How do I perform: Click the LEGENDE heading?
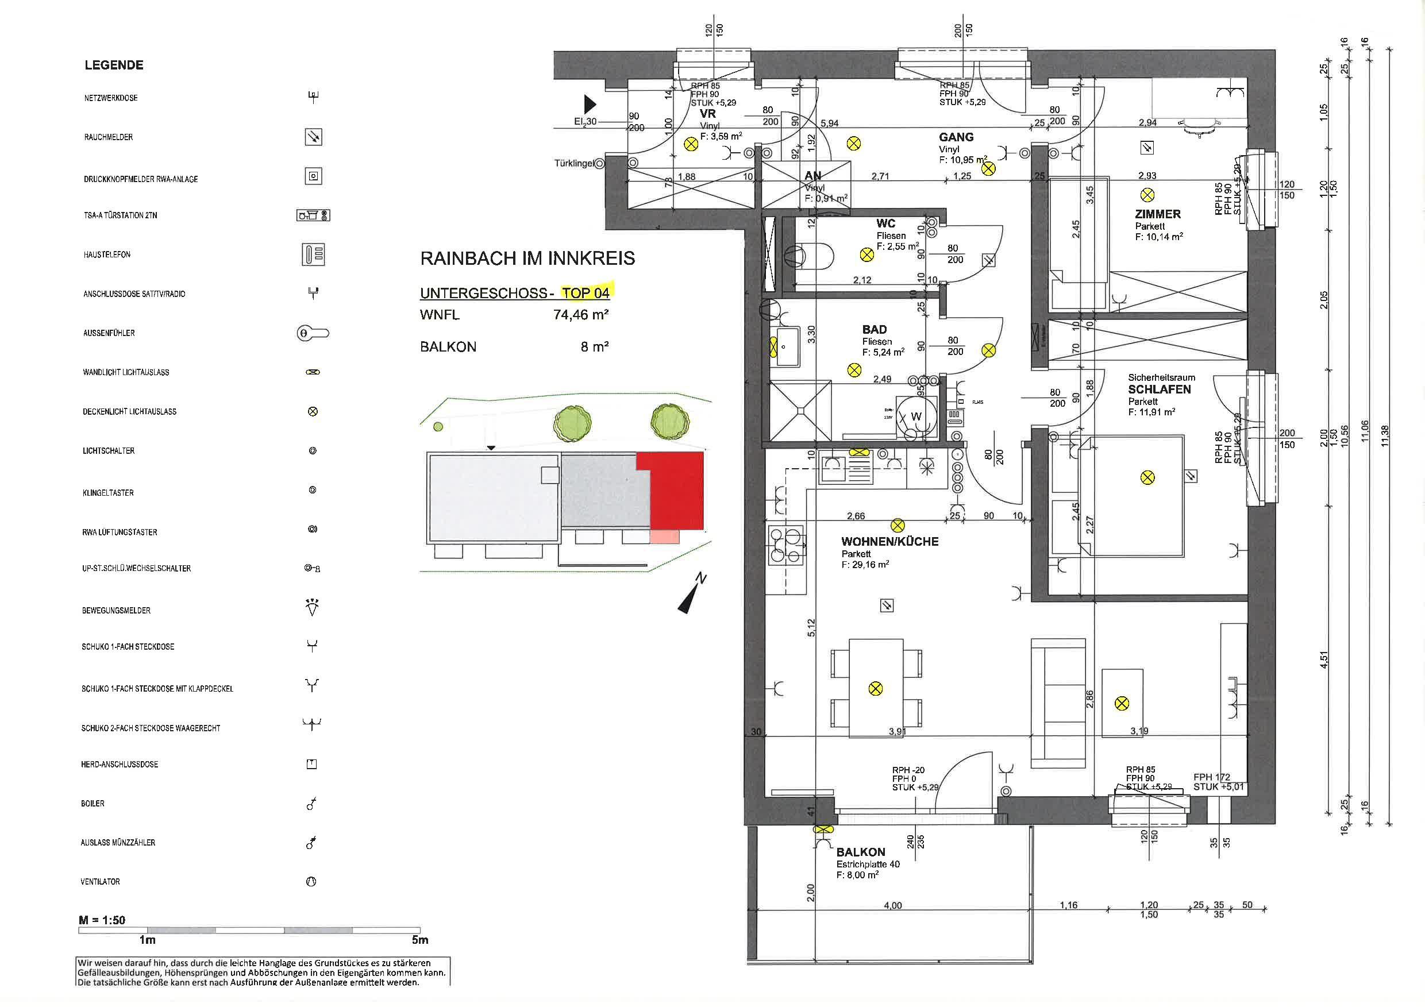coord(114,65)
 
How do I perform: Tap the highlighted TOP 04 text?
coord(586,292)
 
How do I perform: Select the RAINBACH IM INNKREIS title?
coord(527,258)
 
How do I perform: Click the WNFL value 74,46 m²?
coord(580,315)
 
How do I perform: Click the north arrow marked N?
coord(694,595)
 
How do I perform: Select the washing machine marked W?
coord(915,417)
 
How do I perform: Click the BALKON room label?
coord(860,852)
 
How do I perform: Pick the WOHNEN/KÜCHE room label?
coord(889,541)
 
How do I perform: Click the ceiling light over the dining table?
coord(875,688)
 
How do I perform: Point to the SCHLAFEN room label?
coord(1159,389)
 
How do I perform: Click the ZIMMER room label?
coord(1157,214)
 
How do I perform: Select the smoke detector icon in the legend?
coord(313,137)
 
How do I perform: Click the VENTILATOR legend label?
coord(100,881)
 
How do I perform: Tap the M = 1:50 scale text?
coord(102,920)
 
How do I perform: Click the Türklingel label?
coord(573,164)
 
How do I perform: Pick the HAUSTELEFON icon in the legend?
coord(313,254)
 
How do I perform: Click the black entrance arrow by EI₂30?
coord(590,103)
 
